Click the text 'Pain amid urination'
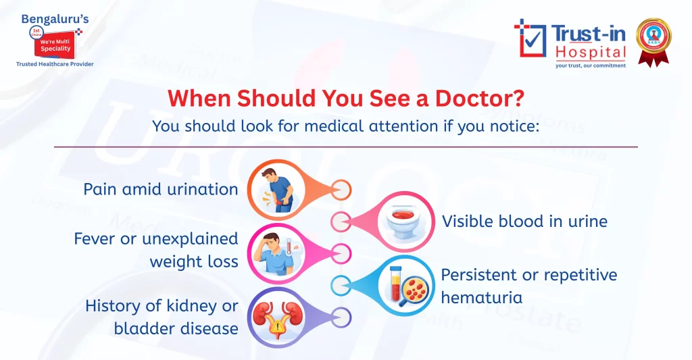(x=161, y=188)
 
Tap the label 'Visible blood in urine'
(x=524, y=221)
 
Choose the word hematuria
(x=478, y=297)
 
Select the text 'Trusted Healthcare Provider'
(x=55, y=64)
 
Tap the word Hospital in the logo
(x=591, y=52)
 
